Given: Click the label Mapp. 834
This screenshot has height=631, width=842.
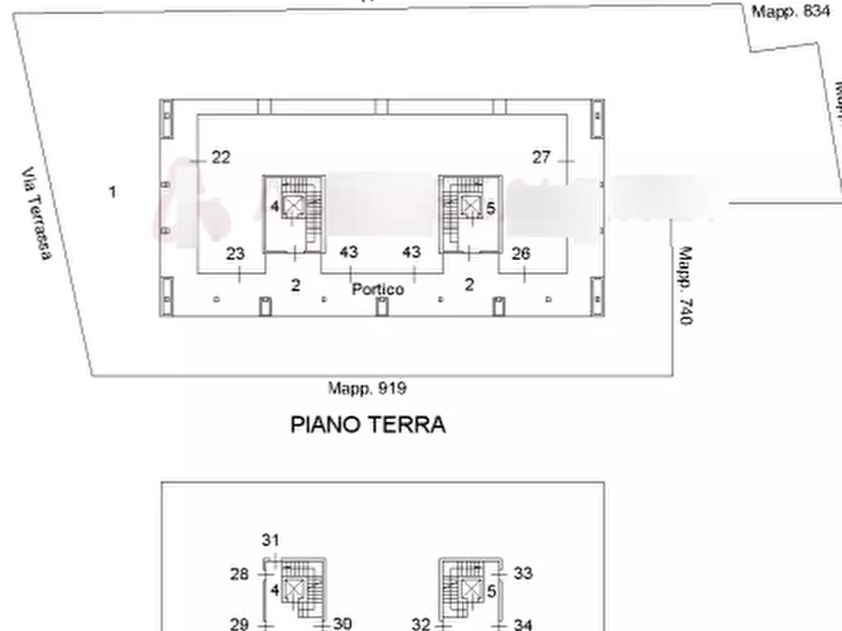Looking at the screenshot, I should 790,11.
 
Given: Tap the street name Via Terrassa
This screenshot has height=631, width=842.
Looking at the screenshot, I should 38,214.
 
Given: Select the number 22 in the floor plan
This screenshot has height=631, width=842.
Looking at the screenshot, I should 221,157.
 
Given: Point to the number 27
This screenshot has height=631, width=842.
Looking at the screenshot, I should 540,157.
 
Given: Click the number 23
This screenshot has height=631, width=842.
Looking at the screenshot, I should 236,253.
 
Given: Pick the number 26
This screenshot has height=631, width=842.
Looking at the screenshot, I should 520,253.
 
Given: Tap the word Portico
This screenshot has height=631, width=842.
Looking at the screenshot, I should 377,289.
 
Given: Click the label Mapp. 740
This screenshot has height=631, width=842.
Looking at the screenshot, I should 686,286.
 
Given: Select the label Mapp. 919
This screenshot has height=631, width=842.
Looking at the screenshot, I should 367,387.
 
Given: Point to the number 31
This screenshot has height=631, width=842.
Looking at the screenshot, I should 271,540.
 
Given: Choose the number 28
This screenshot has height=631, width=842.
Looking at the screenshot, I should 239,574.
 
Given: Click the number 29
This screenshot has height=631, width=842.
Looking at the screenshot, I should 239,623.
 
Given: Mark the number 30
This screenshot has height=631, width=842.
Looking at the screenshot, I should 341,623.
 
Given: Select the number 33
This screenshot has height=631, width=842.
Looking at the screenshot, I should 524,574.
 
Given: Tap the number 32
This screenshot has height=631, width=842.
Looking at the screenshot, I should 421,623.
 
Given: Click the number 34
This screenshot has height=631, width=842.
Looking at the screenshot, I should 524,623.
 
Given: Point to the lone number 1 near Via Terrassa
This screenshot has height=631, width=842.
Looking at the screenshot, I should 112,192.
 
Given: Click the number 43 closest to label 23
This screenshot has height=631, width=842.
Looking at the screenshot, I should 349,252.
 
